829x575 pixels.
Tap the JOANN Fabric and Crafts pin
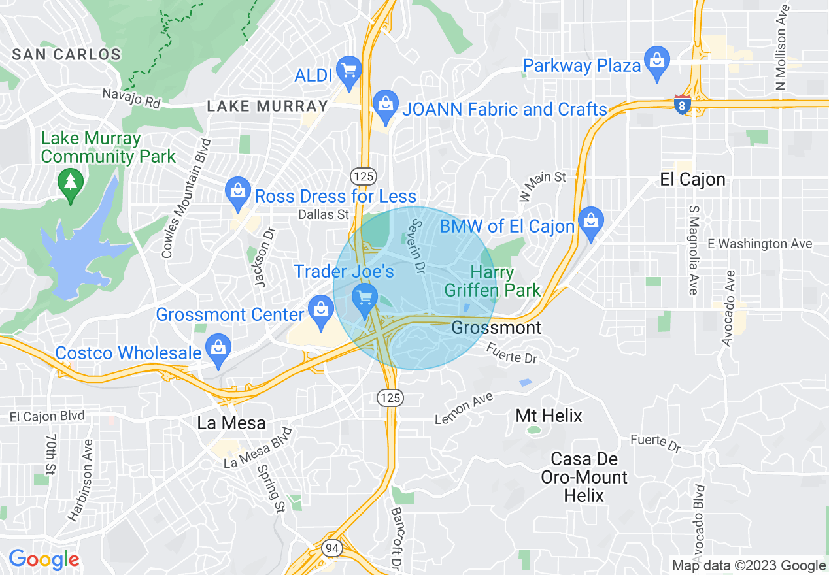pyautogui.click(x=385, y=105)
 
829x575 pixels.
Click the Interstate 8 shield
pyautogui.click(x=683, y=105)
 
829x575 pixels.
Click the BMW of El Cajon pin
pyautogui.click(x=591, y=222)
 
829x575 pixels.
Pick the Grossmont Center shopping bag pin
pyautogui.click(x=321, y=310)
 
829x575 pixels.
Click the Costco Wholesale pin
pyautogui.click(x=218, y=348)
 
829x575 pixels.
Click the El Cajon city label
pyautogui.click(x=692, y=180)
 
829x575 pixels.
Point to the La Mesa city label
pyautogui.click(x=231, y=423)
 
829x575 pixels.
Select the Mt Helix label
pyautogui.click(x=549, y=416)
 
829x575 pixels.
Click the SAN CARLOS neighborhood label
pyautogui.click(x=67, y=54)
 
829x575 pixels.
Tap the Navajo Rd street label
pyautogui.click(x=131, y=98)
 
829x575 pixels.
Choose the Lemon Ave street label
pyautogui.click(x=464, y=407)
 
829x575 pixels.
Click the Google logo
pyautogui.click(x=44, y=560)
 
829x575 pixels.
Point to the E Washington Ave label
pyautogui.click(x=760, y=244)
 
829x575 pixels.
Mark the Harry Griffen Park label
pyautogui.click(x=492, y=281)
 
